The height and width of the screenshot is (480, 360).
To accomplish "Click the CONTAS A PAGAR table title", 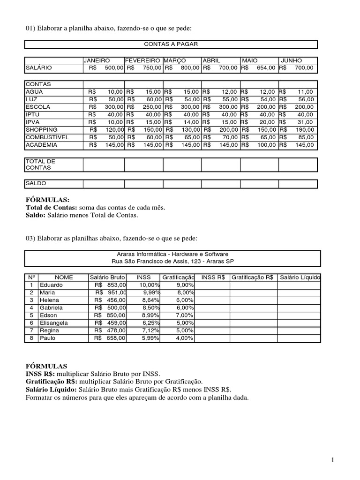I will coord(171,44).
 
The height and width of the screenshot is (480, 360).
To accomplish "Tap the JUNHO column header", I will coord(292,61).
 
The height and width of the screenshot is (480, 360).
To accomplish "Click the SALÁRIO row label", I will coord(39,68).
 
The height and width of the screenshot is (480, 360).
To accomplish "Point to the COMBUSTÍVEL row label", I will coord(48,137).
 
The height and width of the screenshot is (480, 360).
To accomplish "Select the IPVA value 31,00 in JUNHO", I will coord(305,122).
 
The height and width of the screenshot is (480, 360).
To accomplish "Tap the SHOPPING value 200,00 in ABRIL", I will coord(228,130).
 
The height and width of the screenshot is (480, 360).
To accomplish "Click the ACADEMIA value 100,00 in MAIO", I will coord(266,145).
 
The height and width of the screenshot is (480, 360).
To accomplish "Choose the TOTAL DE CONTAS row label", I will coord(40,164).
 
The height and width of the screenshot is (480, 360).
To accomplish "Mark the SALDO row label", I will coord(36,183).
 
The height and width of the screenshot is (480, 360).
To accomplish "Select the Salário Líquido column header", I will coord(300,277).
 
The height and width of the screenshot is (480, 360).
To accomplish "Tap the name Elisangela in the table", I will coord(54,323).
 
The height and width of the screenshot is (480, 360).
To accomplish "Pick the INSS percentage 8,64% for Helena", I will coord(150,300).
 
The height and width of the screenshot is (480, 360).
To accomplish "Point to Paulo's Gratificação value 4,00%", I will coord(185,338).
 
